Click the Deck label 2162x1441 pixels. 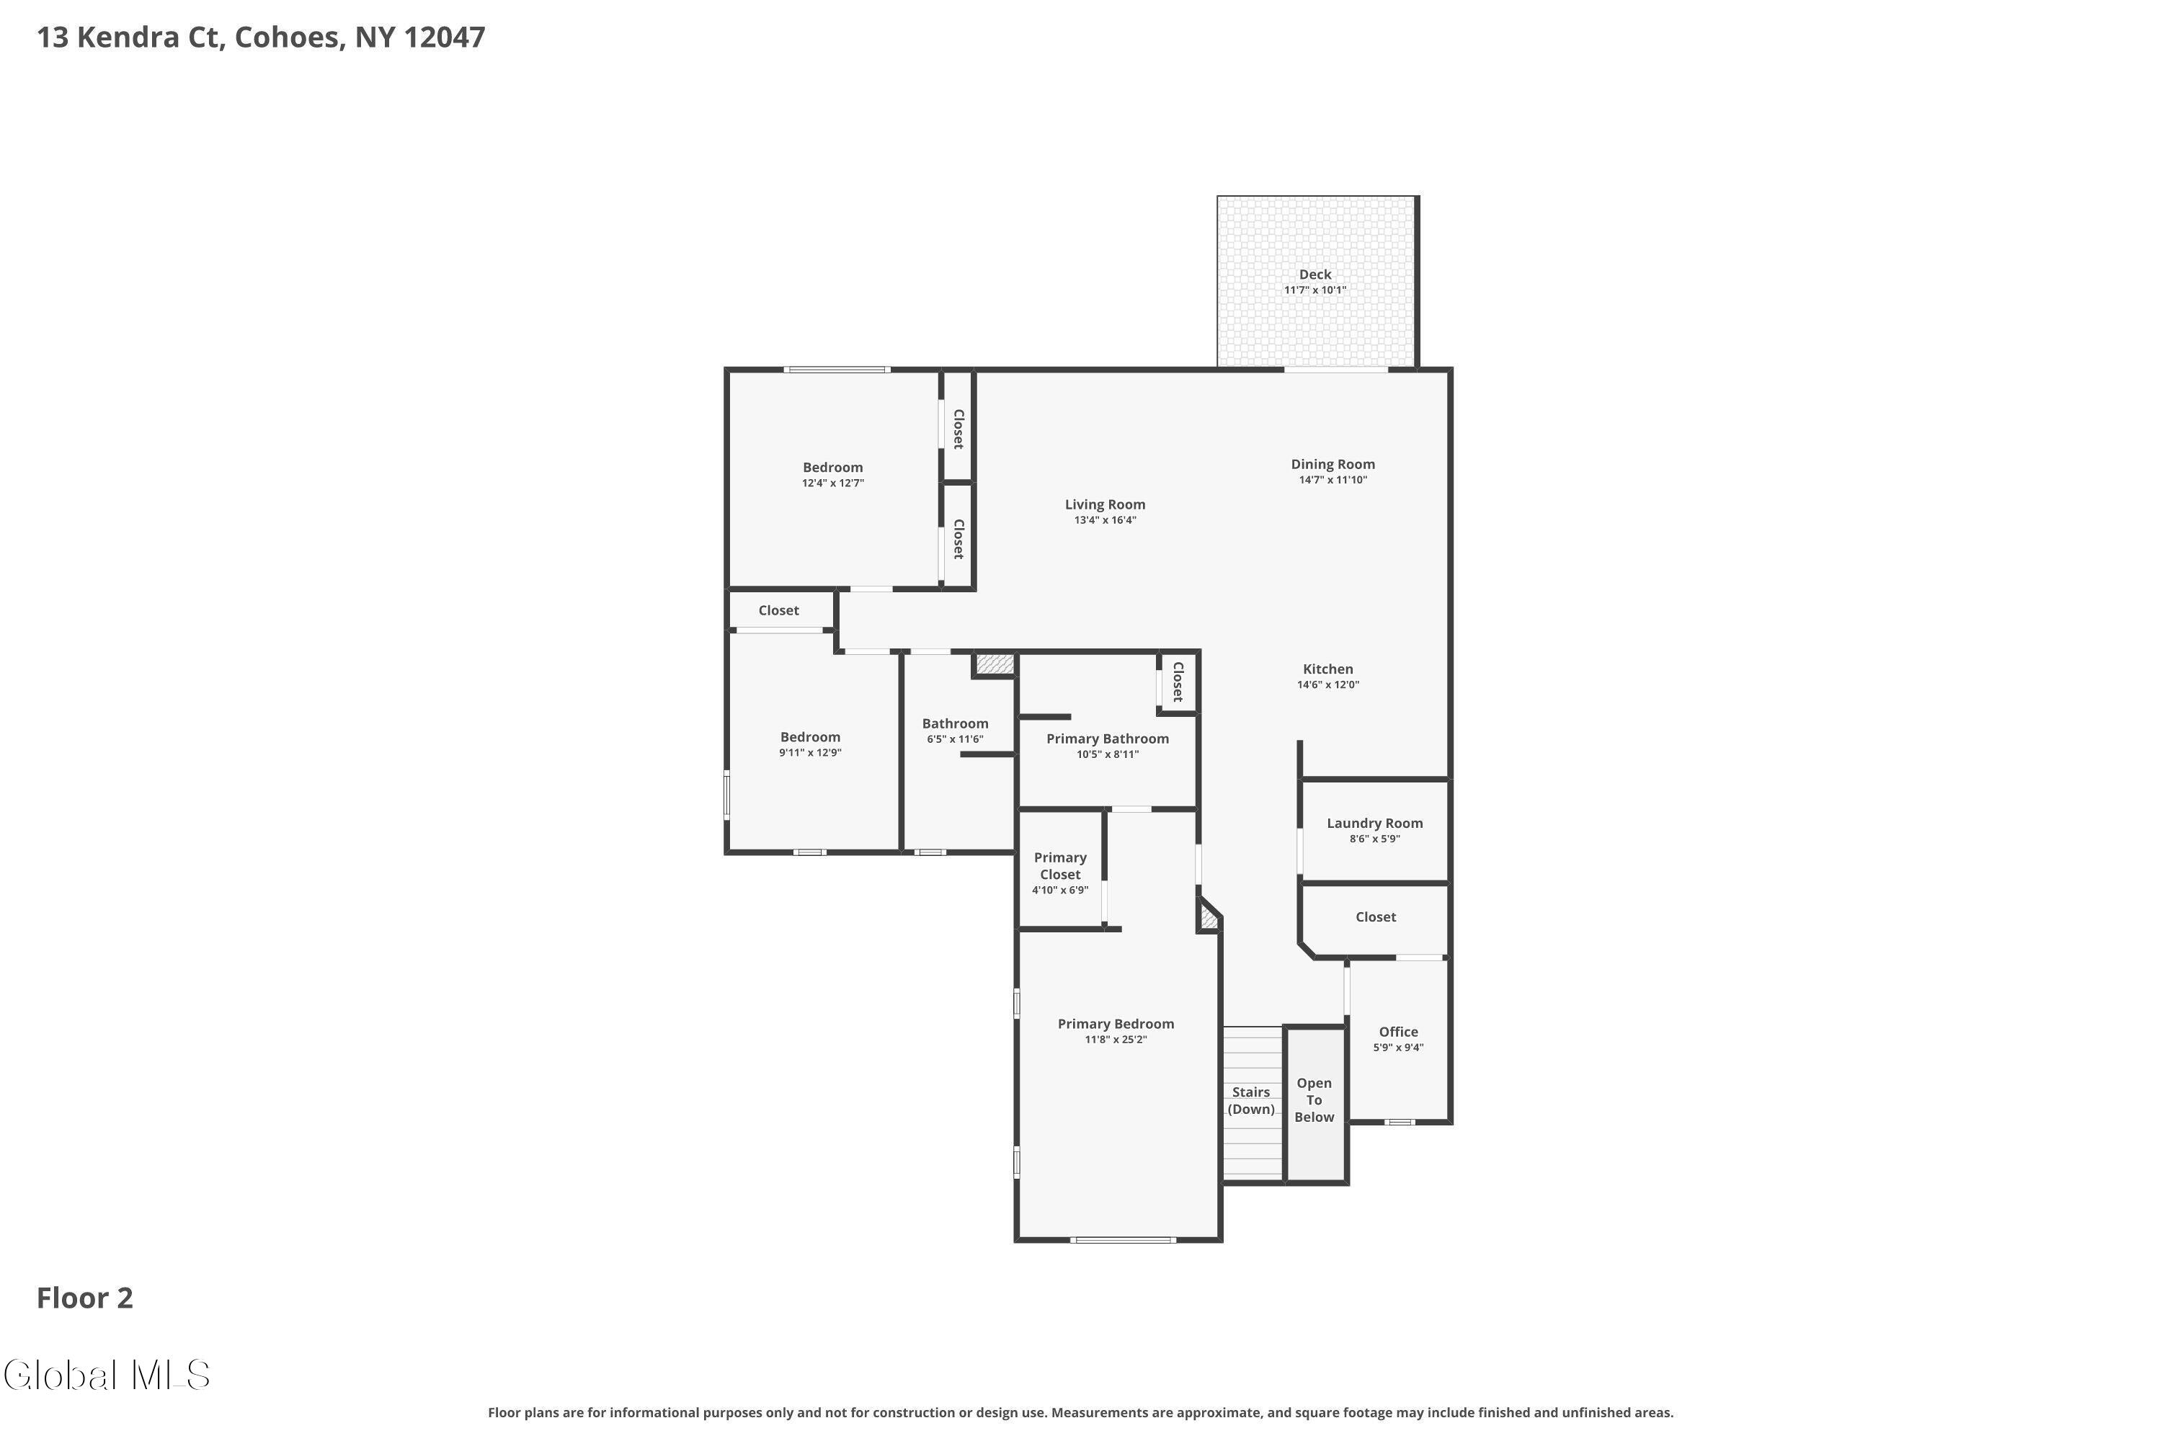[1315, 274]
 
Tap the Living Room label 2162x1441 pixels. [1105, 504]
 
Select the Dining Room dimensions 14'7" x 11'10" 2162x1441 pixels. [1333, 480]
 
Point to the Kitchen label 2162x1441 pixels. [1328, 669]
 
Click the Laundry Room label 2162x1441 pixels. [1375, 824]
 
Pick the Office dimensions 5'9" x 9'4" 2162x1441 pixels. [1398, 1048]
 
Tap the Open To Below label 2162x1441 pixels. [1314, 1100]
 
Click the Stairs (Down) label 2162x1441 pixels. [1251, 1101]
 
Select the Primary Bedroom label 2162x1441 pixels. [1116, 1024]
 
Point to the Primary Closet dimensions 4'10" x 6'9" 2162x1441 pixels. [1060, 891]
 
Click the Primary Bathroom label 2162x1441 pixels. [1108, 739]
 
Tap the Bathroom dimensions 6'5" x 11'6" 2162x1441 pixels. [955, 740]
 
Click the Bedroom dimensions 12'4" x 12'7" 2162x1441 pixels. [833, 483]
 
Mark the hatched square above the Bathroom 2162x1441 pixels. [995, 664]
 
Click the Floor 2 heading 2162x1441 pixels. [84, 1298]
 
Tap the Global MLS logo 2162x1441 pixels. [107, 1375]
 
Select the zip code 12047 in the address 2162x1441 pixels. [445, 37]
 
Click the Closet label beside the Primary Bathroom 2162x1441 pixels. [1178, 682]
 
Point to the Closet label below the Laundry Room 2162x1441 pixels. [1375, 917]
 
